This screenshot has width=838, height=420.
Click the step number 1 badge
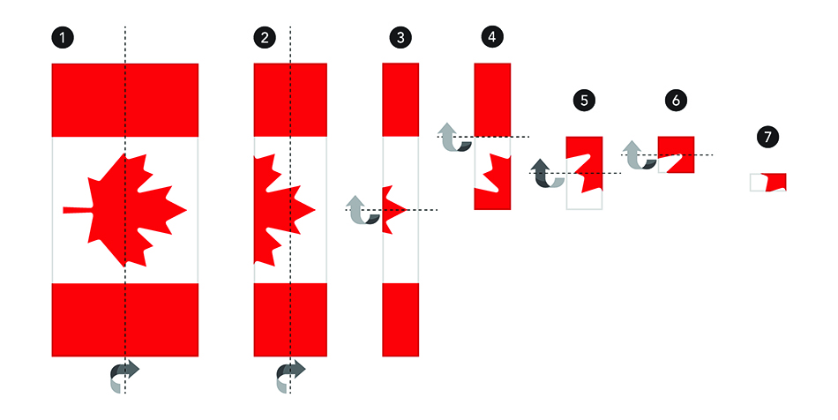click(x=63, y=38)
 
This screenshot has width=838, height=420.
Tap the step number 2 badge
click(x=265, y=38)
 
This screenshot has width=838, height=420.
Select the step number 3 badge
click(x=400, y=38)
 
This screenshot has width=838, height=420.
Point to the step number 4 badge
click(x=492, y=36)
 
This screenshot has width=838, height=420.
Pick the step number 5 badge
click(x=584, y=100)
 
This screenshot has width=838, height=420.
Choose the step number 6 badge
click(x=676, y=100)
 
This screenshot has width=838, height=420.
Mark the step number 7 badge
click(x=768, y=137)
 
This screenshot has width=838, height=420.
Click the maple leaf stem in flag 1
click(x=78, y=210)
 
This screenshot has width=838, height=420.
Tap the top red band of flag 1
click(x=125, y=100)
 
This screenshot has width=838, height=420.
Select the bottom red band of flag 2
click(x=290, y=319)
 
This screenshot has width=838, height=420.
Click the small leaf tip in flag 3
click(x=394, y=209)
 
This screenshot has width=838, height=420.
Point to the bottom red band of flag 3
click(x=400, y=319)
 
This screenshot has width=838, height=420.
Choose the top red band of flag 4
click(x=492, y=100)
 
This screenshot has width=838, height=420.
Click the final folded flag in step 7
click(x=768, y=183)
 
